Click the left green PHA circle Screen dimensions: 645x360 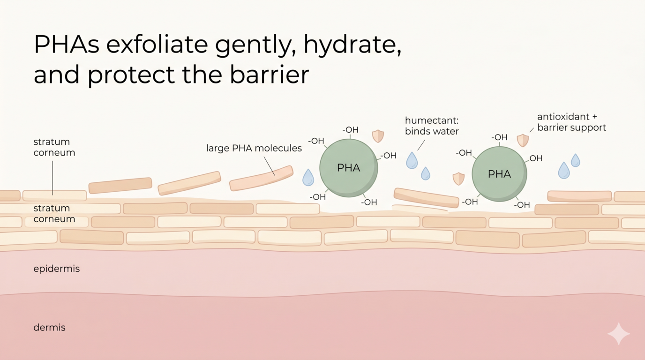(x=349, y=168)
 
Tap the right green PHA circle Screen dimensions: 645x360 (x=500, y=174)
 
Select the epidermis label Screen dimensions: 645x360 (x=56, y=269)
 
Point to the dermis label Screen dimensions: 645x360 (x=50, y=328)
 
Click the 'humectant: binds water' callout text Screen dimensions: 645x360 (x=432, y=126)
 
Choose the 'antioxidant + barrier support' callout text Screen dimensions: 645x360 (x=571, y=122)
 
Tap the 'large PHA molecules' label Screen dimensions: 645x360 (x=254, y=148)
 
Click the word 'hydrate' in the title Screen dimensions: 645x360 (x=352, y=45)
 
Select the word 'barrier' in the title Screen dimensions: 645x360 (x=269, y=75)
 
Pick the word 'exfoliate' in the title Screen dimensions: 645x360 (x=157, y=45)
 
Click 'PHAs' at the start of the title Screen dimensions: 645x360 (x=67, y=45)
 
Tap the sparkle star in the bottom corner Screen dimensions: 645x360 (x=618, y=334)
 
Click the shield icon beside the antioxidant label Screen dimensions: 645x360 (x=523, y=140)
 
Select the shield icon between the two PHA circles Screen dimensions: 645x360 (x=458, y=179)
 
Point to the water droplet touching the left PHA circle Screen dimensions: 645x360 (x=308, y=177)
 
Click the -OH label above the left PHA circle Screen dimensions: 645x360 (x=351, y=130)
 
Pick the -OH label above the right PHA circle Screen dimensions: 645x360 (x=499, y=137)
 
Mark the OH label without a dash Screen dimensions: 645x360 (x=536, y=158)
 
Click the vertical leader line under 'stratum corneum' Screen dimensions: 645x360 (x=52, y=178)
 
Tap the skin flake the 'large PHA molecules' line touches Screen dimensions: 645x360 (x=262, y=178)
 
